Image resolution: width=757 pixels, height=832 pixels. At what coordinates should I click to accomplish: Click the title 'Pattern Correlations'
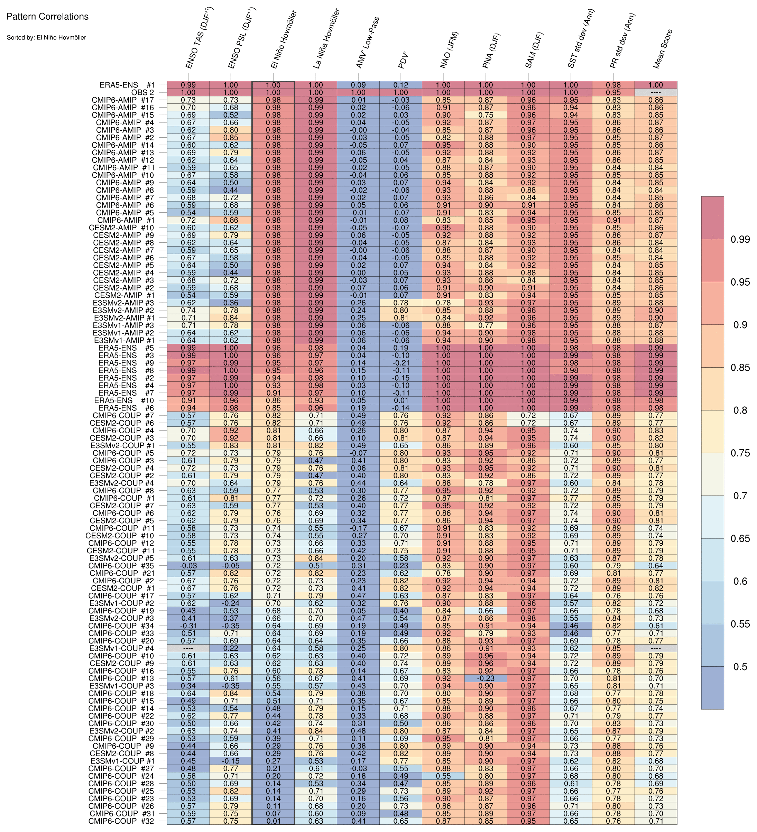click(x=47, y=17)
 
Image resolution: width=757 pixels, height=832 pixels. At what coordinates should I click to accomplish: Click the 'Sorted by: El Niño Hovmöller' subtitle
click(x=46, y=38)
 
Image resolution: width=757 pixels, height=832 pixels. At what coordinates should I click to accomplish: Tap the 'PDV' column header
click(x=403, y=60)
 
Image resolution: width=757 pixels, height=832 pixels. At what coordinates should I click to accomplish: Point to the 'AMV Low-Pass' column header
click(x=367, y=43)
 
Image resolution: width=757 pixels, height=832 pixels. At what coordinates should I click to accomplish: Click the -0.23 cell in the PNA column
click(x=486, y=678)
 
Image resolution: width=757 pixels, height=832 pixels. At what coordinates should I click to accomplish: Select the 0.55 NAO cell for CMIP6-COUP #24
click(x=443, y=776)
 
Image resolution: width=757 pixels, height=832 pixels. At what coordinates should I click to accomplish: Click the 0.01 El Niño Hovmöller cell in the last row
click(x=273, y=821)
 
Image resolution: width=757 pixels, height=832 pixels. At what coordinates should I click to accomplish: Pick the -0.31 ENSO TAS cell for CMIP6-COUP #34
click(x=188, y=626)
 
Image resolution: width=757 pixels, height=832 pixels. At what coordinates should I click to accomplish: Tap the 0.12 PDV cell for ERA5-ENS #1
click(x=401, y=85)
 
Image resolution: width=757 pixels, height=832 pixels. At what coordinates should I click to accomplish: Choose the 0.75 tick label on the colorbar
click(x=740, y=453)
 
